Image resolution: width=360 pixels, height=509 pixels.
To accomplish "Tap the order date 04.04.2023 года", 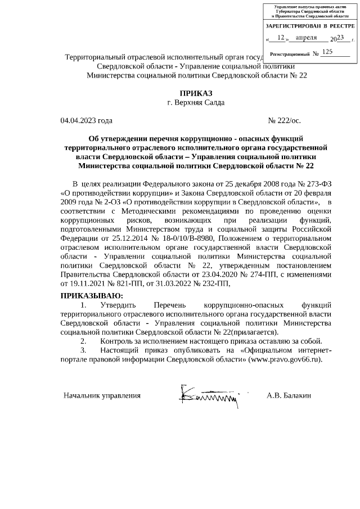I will tap(86, 120).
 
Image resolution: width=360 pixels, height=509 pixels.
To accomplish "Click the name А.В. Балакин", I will tap(289, 395).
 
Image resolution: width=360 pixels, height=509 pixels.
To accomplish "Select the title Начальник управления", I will tap(102, 395).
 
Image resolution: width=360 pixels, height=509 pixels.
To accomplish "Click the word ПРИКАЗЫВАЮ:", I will tap(91, 296).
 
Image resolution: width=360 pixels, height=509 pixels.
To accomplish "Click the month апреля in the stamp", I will tap(307, 38).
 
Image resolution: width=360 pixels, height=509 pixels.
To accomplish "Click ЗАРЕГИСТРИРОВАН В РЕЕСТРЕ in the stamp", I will tap(309, 26).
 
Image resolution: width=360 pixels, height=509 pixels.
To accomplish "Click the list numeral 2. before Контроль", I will tap(83, 341).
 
